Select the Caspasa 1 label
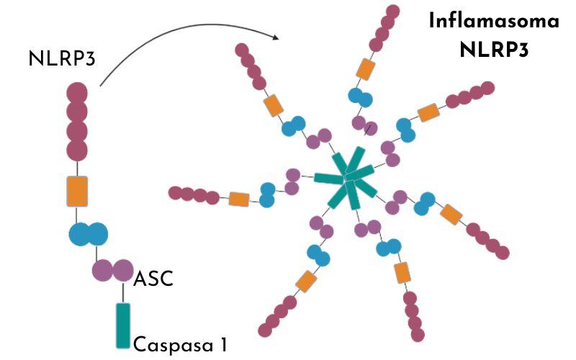180,343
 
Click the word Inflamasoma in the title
494,20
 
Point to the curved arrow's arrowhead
276,37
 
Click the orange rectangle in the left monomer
77,191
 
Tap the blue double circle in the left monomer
88,233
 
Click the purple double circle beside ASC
113,270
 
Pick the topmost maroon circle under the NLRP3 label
77,94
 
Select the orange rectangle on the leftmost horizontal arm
238,199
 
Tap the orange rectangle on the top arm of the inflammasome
366,69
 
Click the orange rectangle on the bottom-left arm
305,282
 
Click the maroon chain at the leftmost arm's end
193,194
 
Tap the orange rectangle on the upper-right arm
428,112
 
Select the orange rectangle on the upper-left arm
273,105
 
